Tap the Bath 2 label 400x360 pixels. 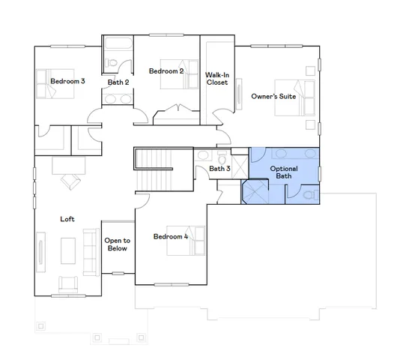click(x=118, y=82)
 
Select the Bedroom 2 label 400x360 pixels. click(x=166, y=71)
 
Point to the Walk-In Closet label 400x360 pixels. click(x=217, y=78)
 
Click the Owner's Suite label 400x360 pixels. click(x=273, y=96)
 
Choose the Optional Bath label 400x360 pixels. click(x=284, y=172)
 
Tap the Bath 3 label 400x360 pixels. click(x=219, y=169)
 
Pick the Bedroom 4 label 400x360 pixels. click(x=171, y=237)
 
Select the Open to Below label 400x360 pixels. click(x=118, y=244)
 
